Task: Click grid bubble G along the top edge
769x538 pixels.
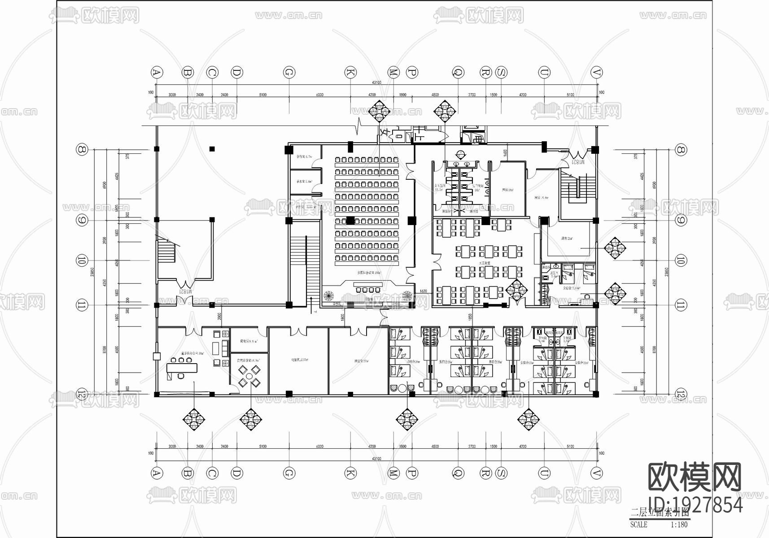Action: point(289,72)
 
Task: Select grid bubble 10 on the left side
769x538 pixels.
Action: point(82,260)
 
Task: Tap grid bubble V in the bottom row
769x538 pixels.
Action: point(596,473)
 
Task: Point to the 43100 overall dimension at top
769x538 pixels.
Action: point(376,82)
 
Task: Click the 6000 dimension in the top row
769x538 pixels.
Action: point(319,95)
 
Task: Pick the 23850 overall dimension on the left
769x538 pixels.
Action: point(92,272)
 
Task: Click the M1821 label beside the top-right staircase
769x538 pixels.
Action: point(578,162)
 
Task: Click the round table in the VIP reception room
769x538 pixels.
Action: point(249,376)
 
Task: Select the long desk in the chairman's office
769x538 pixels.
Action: point(182,368)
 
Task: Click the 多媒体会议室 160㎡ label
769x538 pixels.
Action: point(369,272)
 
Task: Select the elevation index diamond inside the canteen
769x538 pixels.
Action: point(516,289)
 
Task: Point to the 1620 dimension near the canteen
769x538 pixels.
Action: point(424,291)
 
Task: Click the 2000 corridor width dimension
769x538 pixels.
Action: point(219,315)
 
